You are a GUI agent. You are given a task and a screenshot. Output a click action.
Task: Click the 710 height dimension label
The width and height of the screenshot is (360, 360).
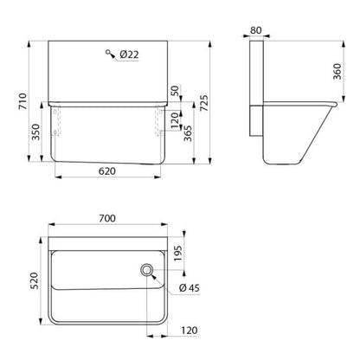22,101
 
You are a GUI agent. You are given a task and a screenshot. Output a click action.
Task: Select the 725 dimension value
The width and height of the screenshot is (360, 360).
204,103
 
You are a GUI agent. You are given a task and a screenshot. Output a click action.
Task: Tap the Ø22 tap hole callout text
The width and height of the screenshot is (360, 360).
129,55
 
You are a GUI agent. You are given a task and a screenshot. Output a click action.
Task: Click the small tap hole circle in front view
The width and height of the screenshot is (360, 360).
108,52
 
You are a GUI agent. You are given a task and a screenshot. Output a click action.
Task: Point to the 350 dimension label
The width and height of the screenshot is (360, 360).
35,132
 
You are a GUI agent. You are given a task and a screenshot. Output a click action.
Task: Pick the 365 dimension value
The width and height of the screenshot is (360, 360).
188,133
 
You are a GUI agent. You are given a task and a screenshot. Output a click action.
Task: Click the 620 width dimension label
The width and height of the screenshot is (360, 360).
107,171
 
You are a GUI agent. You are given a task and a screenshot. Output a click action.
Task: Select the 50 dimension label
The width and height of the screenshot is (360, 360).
175,91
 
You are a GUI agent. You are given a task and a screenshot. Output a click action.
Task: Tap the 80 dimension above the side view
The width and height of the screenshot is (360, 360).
256,30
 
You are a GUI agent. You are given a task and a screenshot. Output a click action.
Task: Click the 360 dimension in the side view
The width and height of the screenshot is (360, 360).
337,72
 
